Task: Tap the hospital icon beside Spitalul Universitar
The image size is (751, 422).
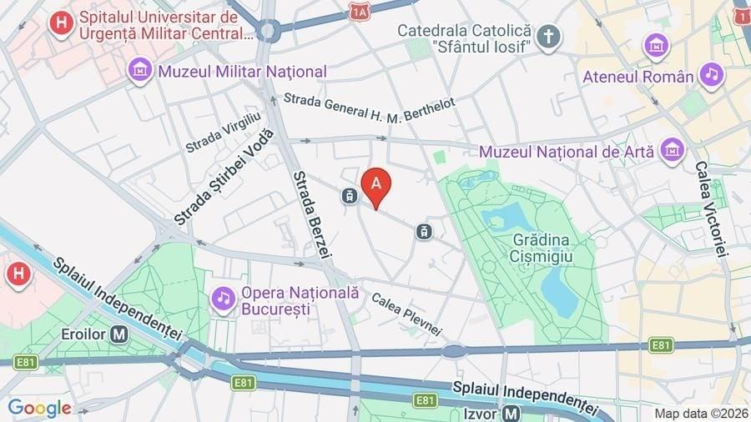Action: coord(61,23)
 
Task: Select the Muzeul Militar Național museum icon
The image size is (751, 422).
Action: coord(140,71)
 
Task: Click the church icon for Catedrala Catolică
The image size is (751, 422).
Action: coord(547,36)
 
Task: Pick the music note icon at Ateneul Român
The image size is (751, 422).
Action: coord(711,75)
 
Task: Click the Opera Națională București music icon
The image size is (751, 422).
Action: coord(223,298)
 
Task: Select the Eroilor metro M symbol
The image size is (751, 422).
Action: coord(119,334)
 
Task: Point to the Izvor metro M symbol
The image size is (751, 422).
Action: coord(512,413)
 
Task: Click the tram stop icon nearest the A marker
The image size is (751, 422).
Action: coord(349,196)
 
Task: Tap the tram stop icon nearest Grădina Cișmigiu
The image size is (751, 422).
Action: coord(425,231)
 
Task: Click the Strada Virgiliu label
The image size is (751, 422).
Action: coord(223,133)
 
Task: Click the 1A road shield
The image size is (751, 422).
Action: coord(360,12)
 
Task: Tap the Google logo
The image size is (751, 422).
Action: coord(38,408)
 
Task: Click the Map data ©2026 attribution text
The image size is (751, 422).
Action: coord(700,413)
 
